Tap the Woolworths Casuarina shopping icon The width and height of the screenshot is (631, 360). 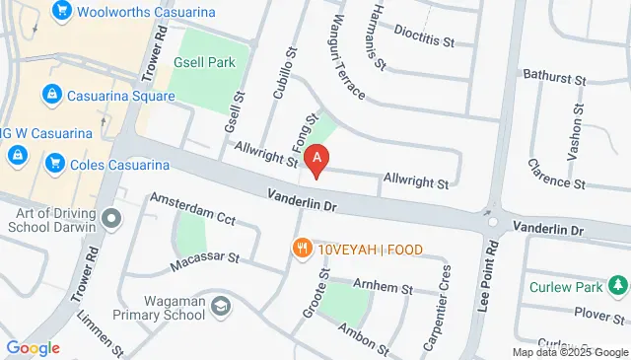coord(63,11)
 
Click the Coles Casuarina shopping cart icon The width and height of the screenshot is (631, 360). coord(55,163)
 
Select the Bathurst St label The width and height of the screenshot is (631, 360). coord(554,76)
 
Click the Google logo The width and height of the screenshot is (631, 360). coord(33,348)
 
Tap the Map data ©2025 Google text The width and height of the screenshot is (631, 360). coord(569,352)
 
